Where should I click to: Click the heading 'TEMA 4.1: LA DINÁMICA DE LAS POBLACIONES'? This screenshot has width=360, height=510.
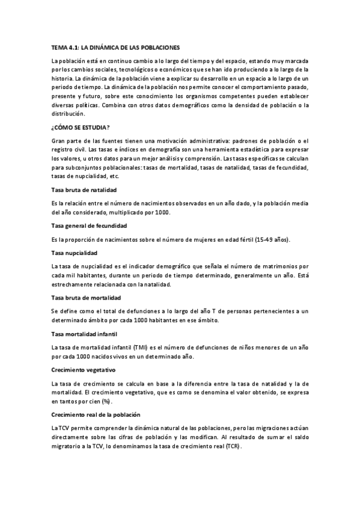(115, 46)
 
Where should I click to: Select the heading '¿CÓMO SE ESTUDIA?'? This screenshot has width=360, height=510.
(80, 127)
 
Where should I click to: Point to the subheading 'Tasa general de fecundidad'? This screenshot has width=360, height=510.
(88, 226)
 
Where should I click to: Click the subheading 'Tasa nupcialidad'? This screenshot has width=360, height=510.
(75, 253)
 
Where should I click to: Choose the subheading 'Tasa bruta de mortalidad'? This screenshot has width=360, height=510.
(86, 298)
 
